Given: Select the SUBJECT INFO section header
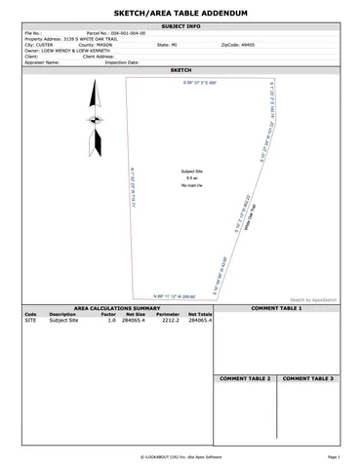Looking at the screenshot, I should tap(181, 25).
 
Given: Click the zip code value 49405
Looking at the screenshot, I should tap(244, 44).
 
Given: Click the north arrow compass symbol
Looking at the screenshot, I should tap(96, 121).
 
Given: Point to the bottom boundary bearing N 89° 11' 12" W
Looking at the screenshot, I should tap(176, 295).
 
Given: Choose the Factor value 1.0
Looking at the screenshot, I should tap(111, 320).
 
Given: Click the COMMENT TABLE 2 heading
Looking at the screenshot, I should tap(245, 377).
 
